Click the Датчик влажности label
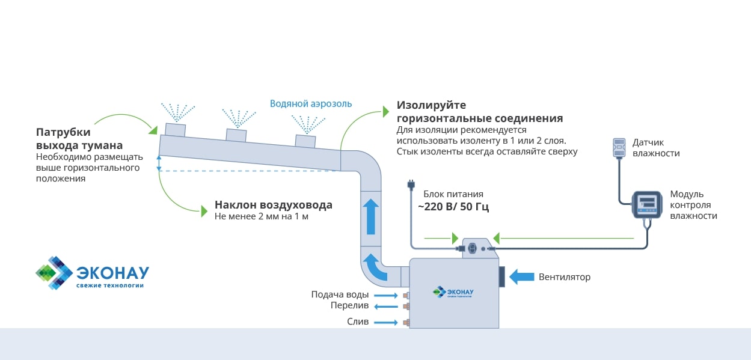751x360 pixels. (x=656, y=148)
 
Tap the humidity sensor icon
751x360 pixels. (x=619, y=148)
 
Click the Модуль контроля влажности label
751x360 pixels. (x=693, y=205)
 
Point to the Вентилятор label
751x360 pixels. (x=565, y=277)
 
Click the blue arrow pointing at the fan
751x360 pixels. (x=522, y=276)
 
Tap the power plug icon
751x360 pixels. (x=411, y=183)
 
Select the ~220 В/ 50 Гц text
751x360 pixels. (x=453, y=207)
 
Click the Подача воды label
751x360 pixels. (x=340, y=294)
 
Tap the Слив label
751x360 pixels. (x=358, y=322)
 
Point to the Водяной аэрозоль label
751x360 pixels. (x=311, y=103)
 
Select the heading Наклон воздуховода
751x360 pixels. (x=274, y=205)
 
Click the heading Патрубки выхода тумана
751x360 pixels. (x=79, y=139)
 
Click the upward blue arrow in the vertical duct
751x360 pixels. (x=370, y=216)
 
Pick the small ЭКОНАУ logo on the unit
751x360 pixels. (x=453, y=292)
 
